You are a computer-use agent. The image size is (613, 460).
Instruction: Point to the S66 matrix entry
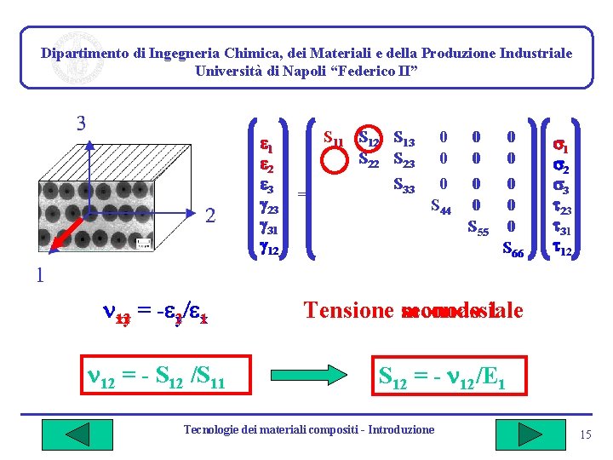513,249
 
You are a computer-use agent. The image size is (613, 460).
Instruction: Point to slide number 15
585,436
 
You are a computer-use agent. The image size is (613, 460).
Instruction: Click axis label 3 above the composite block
81,124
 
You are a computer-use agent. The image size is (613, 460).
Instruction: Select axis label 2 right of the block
209,216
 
